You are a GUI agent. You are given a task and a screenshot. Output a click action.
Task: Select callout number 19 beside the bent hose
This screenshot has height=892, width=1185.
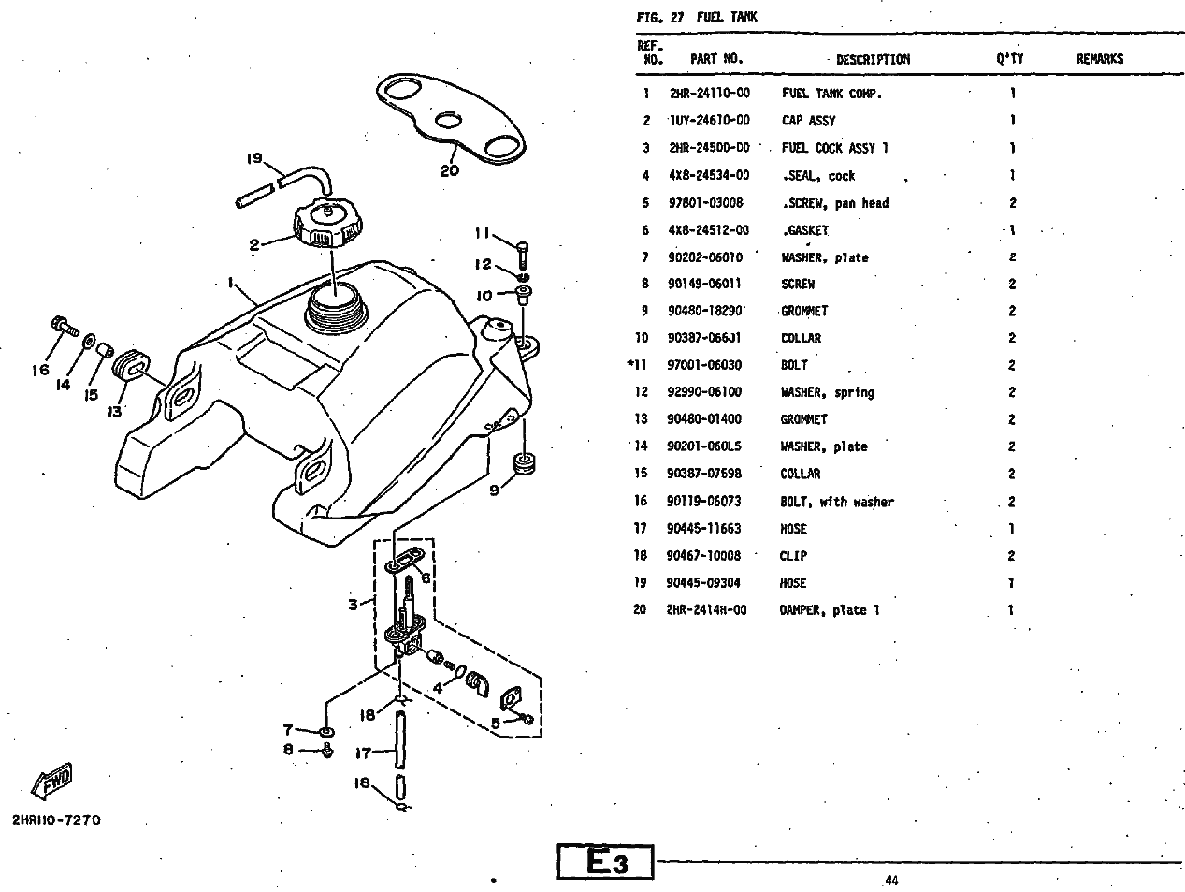(x=253, y=158)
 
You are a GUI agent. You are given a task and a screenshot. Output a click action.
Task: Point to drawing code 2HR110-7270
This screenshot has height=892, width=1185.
(x=56, y=820)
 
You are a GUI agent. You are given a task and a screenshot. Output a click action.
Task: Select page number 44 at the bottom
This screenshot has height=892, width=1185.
(x=890, y=880)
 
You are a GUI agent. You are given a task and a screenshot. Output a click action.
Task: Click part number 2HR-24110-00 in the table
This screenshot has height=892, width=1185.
(x=709, y=94)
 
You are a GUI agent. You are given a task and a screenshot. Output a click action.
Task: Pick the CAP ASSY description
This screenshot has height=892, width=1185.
(x=808, y=121)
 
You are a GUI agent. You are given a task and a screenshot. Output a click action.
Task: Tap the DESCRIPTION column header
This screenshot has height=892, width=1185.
(x=872, y=59)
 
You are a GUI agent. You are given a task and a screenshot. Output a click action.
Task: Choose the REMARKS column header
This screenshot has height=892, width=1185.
(x=1099, y=59)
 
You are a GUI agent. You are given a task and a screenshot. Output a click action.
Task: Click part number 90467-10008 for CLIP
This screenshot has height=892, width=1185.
(x=703, y=556)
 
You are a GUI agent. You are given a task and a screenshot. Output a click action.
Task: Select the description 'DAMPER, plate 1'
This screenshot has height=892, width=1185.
(x=831, y=610)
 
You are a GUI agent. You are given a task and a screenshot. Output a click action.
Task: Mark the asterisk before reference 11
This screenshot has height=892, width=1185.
(x=630, y=364)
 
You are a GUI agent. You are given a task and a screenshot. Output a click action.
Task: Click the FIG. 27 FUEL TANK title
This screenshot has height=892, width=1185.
(x=697, y=17)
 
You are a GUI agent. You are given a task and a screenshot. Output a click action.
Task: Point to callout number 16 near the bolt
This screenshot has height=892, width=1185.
(x=39, y=370)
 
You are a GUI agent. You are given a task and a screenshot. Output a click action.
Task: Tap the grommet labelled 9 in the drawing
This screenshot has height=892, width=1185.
(x=524, y=462)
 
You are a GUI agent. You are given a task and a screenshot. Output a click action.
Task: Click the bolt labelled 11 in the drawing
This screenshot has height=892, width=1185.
(x=522, y=249)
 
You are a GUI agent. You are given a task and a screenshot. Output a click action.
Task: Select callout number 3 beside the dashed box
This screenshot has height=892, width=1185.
(x=354, y=605)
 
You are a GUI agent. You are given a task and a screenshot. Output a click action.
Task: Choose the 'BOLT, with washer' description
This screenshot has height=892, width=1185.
(x=837, y=502)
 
